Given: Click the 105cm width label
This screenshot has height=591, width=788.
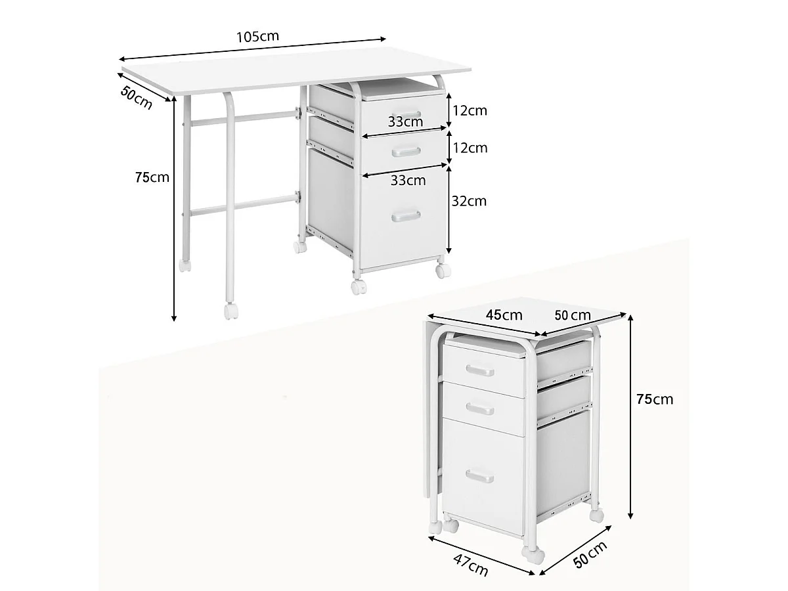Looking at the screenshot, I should pos(257,37).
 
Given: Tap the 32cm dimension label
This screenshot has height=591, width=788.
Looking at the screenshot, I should pos(469,201).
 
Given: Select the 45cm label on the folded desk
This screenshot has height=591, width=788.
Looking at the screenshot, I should pos(504,315).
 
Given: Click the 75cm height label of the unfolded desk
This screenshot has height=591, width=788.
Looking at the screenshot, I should pos(152,177).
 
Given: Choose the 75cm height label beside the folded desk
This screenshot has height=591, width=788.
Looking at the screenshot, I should pos(655,399).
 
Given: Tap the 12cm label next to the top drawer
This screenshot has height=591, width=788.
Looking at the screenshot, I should pos(470,110).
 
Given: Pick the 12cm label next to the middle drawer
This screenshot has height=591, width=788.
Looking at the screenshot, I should pos(470,148).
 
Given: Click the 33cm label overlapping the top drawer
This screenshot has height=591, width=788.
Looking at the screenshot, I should pos(405,121).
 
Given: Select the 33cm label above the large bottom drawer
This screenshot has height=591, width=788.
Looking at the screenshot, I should pos(408,180).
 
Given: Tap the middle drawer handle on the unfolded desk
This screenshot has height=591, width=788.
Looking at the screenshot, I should pos(405,152).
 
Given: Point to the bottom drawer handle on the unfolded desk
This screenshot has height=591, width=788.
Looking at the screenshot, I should pos(406,216).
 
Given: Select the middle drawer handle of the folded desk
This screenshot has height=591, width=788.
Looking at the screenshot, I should pos(480,409).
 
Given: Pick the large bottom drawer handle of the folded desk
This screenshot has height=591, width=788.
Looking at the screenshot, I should pos(480,476).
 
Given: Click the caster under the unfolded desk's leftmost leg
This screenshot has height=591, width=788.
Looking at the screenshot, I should pos(185,266).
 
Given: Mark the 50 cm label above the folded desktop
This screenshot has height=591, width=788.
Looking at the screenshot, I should pos(572,315).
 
